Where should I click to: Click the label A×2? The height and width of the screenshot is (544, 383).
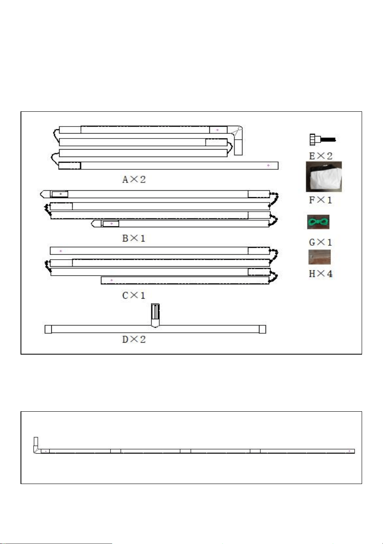coord(134,180)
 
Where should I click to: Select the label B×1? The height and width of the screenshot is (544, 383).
coord(134,238)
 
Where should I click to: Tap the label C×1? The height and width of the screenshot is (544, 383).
coord(134,295)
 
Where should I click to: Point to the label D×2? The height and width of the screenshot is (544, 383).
coord(134,339)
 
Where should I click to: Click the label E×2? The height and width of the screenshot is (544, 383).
coord(321,156)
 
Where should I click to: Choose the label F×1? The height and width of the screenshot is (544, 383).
coord(320,200)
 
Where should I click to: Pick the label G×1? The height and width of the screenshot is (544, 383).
coord(320,242)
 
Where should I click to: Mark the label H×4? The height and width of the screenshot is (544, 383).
coord(321,274)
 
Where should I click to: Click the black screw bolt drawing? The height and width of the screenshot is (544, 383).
coord(323,140)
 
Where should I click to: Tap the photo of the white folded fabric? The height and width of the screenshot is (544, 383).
coord(324,177)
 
